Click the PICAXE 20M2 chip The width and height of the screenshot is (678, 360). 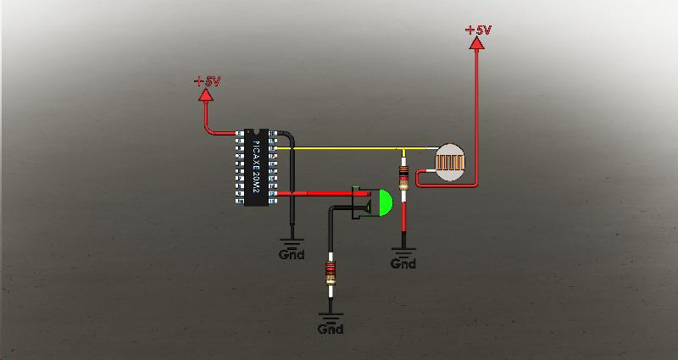point(257,167)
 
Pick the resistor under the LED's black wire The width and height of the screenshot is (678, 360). point(329,274)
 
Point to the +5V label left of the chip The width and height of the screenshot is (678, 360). point(206,81)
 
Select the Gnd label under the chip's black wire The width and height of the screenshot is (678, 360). point(292,255)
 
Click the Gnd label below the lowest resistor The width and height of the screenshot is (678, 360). point(331,329)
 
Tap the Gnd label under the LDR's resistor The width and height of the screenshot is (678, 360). point(403,263)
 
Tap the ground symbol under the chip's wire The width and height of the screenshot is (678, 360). point(292,242)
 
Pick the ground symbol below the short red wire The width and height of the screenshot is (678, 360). point(403,251)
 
